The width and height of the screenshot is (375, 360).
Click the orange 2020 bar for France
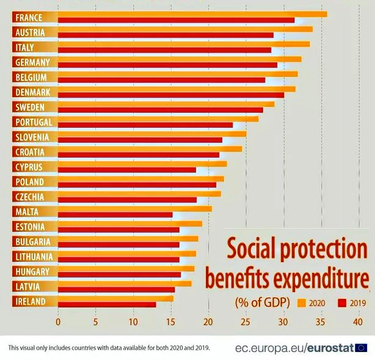[189, 14]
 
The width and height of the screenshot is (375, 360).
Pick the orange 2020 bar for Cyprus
[140, 164]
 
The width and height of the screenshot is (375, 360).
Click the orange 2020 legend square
[300, 302]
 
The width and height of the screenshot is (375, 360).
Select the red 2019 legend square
[338, 302]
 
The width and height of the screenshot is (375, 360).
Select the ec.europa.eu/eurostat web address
[294, 348]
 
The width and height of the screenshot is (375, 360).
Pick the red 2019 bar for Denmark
[170, 95]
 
